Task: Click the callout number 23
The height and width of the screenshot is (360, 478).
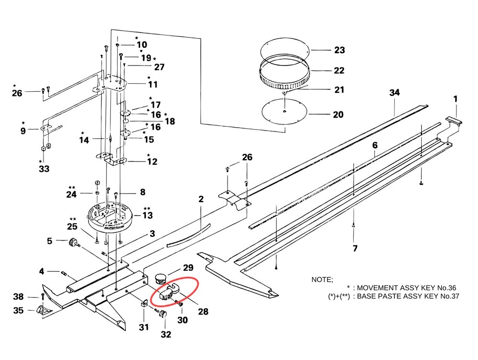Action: (x=339, y=50)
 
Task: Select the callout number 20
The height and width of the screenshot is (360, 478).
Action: (x=338, y=115)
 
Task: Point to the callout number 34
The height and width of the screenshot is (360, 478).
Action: (x=394, y=92)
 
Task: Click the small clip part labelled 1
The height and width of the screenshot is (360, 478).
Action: (x=454, y=121)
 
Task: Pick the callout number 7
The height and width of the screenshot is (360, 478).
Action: (x=354, y=249)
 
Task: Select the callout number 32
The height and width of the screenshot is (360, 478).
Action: (x=165, y=334)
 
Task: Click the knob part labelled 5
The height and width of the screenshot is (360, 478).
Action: (x=74, y=244)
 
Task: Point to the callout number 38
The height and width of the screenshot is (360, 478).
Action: (x=18, y=296)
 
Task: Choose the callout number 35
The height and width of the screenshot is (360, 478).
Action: (x=18, y=311)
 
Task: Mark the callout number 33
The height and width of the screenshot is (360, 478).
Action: (x=43, y=168)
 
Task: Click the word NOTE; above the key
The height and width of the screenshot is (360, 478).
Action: (x=323, y=279)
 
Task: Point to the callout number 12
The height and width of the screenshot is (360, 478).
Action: (x=152, y=162)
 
